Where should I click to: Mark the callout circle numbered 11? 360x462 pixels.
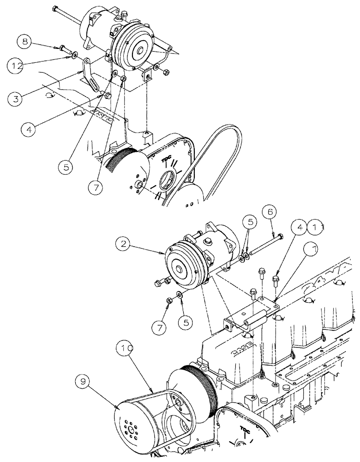pos(317,227)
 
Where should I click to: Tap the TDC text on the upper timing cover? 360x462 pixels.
pos(167,160)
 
